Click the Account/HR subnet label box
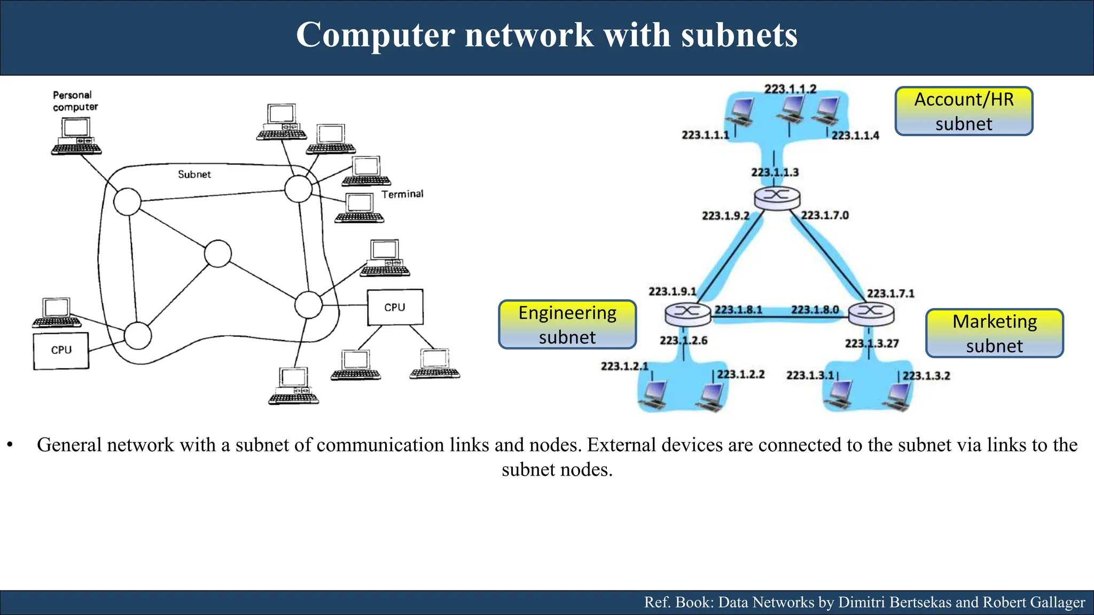pyautogui.click(x=964, y=112)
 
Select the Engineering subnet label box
pyautogui.click(x=567, y=325)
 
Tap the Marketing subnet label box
pyautogui.click(x=994, y=333)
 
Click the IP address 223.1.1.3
pyautogui.click(x=775, y=172)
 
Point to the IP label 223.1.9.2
pyautogui.click(x=725, y=216)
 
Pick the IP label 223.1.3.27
pyautogui.click(x=872, y=343)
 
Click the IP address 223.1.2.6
pyautogui.click(x=683, y=340)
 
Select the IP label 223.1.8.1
pyautogui.click(x=738, y=310)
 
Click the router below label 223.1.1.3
pyautogui.click(x=777, y=198)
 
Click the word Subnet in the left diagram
pyautogui.click(x=194, y=175)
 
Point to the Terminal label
pyautogui.click(x=402, y=194)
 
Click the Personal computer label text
pyautogui.click(x=75, y=101)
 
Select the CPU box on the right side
pyautogui.click(x=395, y=307)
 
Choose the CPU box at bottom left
pyautogui.click(x=61, y=350)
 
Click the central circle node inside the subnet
pyautogui.click(x=218, y=254)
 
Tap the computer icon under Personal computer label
pyautogui.click(x=76, y=137)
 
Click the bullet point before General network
pyautogui.click(x=10, y=445)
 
